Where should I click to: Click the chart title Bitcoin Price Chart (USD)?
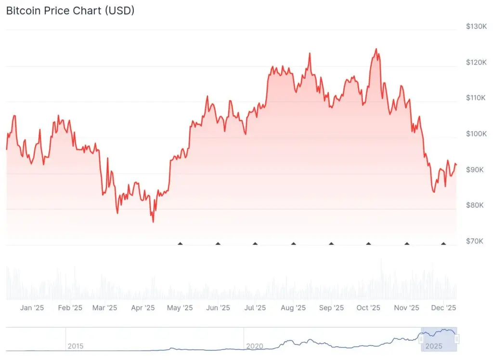coord(70,11)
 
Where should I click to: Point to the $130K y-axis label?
coord(477,26)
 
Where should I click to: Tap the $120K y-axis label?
coord(477,62)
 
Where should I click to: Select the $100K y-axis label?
coord(477,133)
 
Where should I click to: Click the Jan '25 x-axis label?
coord(32,307)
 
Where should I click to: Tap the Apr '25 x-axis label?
coord(143,307)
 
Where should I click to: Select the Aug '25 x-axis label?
coord(293,307)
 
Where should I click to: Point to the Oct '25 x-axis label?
coord(368,307)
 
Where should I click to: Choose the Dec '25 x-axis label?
coord(443,307)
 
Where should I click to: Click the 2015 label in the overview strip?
coord(76,346)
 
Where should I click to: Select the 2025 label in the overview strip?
coord(434,346)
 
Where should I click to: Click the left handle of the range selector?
coord(421,339)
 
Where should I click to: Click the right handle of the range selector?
coord(456,339)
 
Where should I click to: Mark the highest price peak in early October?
coord(376,49)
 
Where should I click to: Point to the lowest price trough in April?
coord(153,222)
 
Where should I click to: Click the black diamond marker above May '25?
coord(181,243)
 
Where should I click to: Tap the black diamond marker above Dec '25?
coord(443,243)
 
